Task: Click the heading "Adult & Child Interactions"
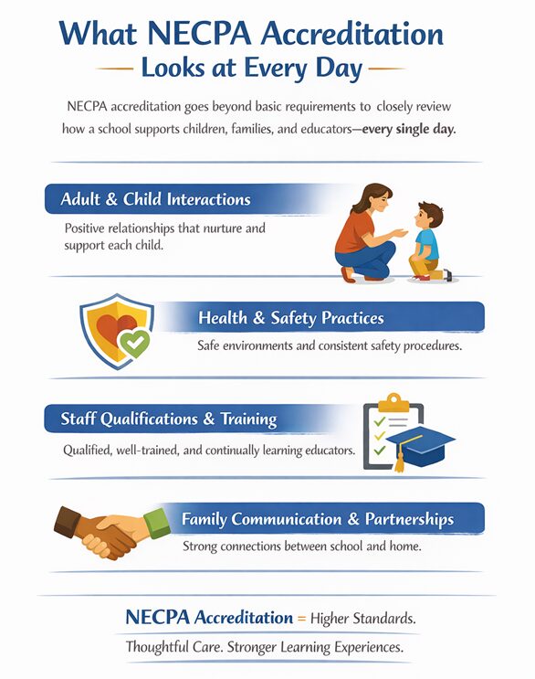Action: point(155,199)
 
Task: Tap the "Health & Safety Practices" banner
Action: point(290,318)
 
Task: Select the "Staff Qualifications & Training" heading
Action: point(169,419)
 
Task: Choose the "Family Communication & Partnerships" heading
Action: point(318,519)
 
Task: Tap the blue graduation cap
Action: point(420,442)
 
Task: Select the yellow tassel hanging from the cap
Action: point(398,460)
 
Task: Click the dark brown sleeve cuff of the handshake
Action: point(66,524)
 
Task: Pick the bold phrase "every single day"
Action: point(407,129)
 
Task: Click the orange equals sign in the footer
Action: point(301,619)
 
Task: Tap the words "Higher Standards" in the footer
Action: point(362,619)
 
